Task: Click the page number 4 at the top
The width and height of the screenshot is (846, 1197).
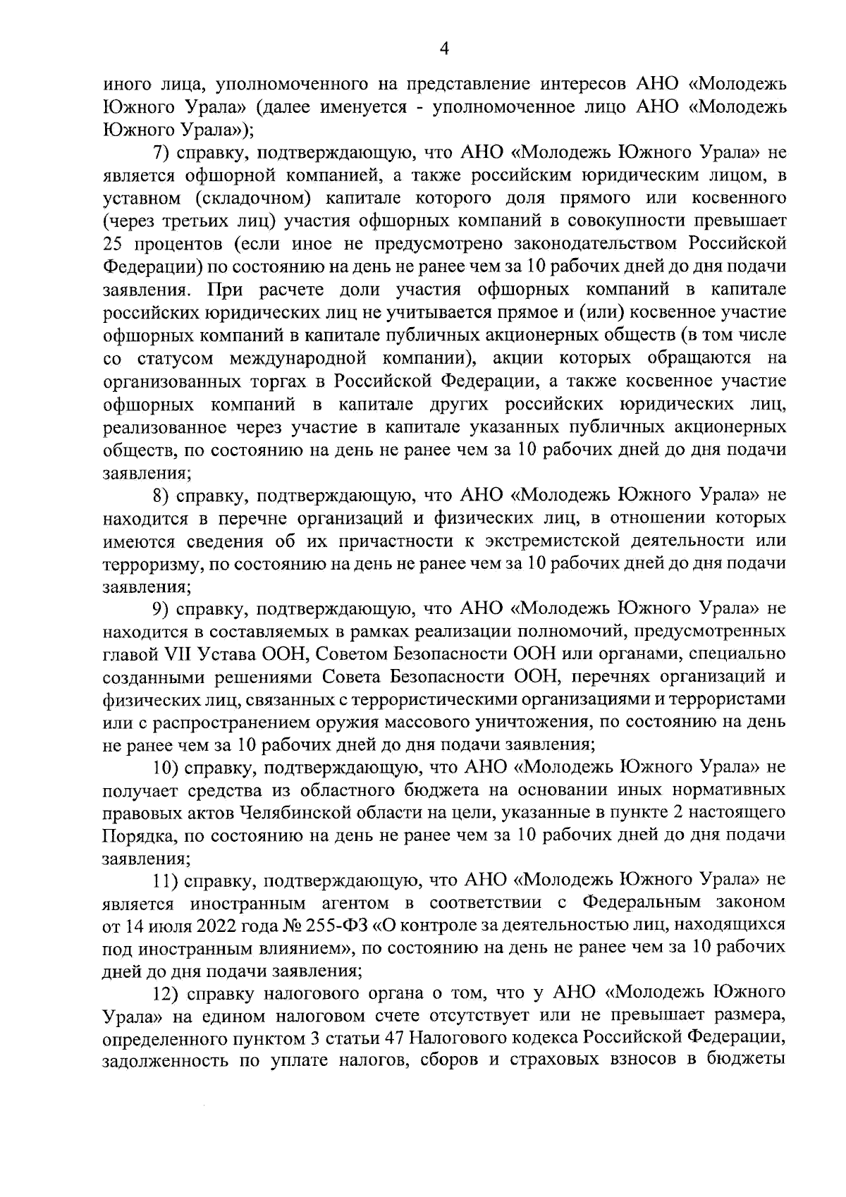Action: tap(443, 48)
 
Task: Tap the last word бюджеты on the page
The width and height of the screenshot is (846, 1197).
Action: tap(752, 1062)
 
